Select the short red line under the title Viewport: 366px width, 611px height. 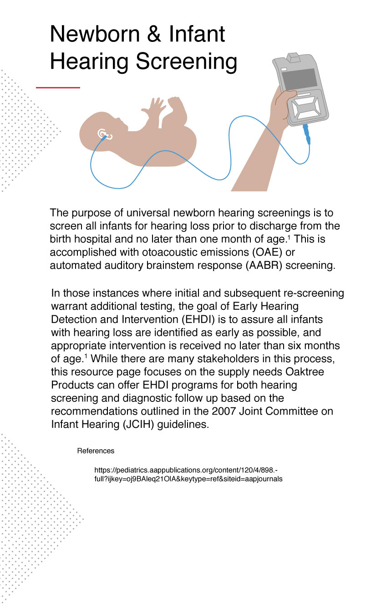pyautogui.click(x=58, y=87)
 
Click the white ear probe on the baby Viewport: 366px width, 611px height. pyautogui.click(x=102, y=134)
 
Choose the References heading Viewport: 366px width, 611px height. pyautogui.click(x=96, y=451)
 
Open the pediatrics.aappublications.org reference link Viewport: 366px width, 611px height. pyautogui.click(x=188, y=474)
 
